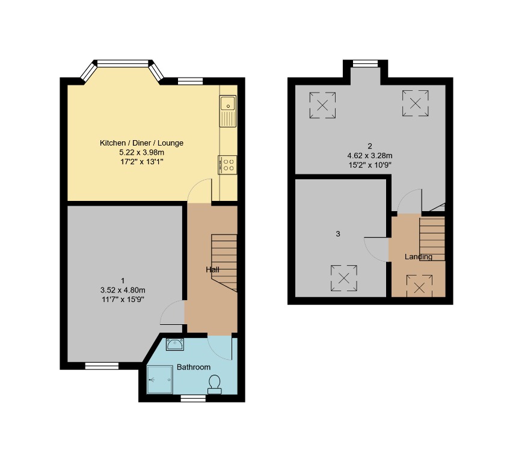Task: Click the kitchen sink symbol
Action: [229, 111]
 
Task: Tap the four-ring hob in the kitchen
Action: [227, 165]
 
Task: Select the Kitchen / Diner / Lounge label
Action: [141, 143]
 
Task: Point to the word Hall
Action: [212, 270]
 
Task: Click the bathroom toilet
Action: [214, 384]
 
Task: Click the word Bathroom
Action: [194, 367]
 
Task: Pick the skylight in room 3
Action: [344, 278]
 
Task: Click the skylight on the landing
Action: [419, 285]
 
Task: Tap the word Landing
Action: [418, 257]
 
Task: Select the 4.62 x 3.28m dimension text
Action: [370, 155]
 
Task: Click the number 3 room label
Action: [338, 234]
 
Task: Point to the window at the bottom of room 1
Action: [101, 365]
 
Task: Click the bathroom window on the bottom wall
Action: [192, 398]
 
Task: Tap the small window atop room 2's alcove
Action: [365, 64]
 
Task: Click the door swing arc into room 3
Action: [375, 248]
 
